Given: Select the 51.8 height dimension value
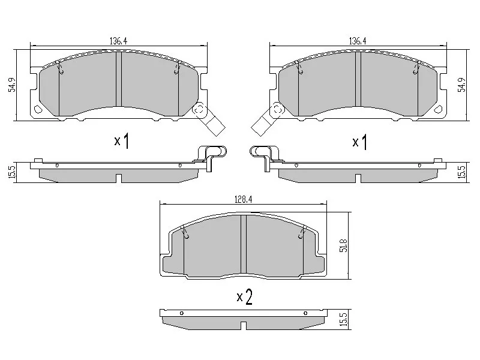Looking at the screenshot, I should point(343,245).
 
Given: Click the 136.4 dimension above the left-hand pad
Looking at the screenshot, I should point(118,41).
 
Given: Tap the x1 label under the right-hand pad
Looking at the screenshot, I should point(359,142).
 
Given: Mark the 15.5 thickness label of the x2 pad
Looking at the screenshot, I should point(343,319).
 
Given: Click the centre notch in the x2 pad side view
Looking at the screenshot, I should point(243,326).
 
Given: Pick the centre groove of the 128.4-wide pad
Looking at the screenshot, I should point(243,246).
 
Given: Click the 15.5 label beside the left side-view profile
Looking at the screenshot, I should point(11,172).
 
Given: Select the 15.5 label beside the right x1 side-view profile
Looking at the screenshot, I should point(461,172).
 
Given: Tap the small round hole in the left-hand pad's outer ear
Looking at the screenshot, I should point(37,110).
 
